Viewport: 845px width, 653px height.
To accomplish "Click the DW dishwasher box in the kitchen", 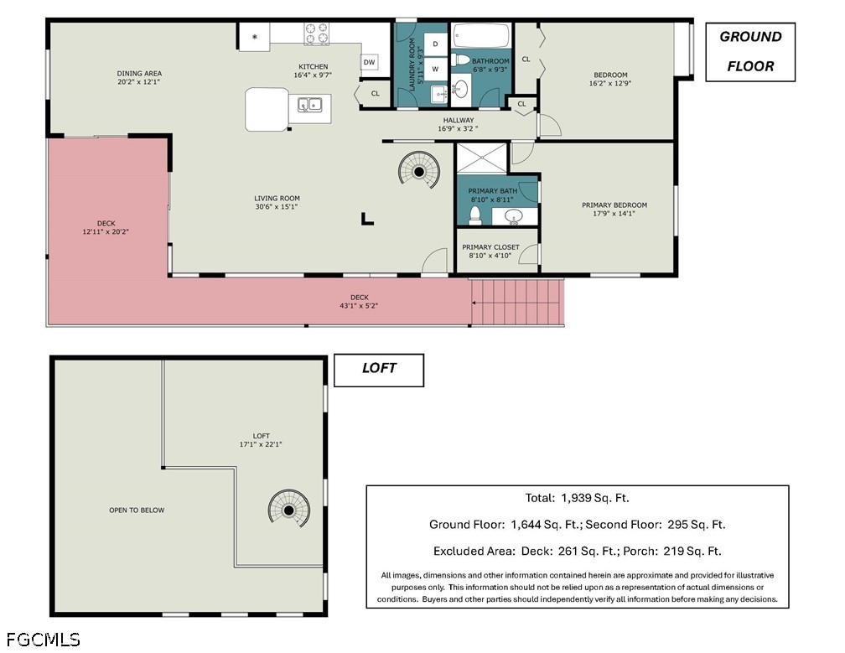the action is point(369,62).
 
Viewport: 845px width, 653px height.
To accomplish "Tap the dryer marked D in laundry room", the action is point(435,44).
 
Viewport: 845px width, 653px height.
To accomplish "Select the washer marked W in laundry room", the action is point(435,69).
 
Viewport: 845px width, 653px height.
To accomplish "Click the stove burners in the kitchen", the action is point(316,34).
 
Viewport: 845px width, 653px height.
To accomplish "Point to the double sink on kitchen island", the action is point(310,105).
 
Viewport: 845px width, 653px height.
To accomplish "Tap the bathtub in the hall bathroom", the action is point(480,35).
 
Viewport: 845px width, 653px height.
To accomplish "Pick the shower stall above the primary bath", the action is point(482,158).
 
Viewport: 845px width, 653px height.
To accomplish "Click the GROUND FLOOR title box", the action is point(750,52).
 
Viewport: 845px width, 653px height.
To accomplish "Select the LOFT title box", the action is point(379,371).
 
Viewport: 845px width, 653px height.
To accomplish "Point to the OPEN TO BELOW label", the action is point(137,510).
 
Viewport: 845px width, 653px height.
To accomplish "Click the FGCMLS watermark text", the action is point(43,640).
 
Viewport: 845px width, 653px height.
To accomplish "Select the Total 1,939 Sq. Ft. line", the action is point(577,498).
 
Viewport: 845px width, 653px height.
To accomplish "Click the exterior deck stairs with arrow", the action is point(517,303).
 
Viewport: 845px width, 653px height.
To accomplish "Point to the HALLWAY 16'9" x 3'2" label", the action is point(458,124).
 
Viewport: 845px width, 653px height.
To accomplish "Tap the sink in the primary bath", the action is point(514,216).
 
